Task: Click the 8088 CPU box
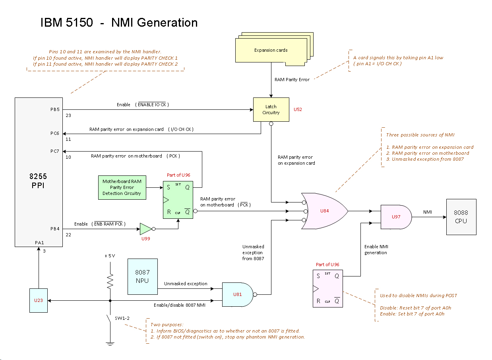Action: tap(461, 217)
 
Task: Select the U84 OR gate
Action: tap(324, 211)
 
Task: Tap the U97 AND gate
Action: tap(396, 217)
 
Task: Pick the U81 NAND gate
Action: tap(237, 294)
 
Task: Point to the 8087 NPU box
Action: tap(142, 276)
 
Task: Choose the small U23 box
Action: tap(39, 300)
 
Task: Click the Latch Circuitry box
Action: tap(271, 109)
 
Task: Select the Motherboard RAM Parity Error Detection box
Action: tap(122, 187)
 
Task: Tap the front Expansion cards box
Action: tap(271, 51)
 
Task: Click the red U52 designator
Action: tap(298, 109)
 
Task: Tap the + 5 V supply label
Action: tap(110, 256)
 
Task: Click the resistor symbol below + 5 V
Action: tap(110, 280)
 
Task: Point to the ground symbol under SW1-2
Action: tap(110, 343)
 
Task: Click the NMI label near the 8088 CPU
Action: tap(428, 212)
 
